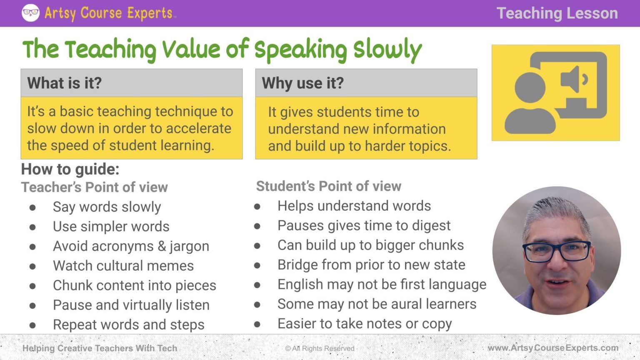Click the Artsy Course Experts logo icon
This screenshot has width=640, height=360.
point(30,13)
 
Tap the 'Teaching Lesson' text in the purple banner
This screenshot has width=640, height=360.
point(557,13)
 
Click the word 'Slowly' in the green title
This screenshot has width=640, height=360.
point(387,50)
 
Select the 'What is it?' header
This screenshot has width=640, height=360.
point(65,83)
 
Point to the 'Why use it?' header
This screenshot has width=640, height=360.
point(303,83)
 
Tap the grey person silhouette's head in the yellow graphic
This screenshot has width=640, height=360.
point(530,88)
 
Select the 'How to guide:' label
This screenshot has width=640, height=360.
point(70,169)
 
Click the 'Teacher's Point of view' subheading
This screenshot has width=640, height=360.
point(95,187)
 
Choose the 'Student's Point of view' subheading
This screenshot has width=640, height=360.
point(329,186)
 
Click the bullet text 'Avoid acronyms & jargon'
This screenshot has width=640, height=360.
point(131,246)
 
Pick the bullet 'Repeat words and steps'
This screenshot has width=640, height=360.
point(128,325)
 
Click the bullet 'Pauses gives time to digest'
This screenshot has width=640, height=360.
point(364,225)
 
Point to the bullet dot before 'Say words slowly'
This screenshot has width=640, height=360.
point(32,207)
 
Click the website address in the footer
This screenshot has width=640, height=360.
point(553,348)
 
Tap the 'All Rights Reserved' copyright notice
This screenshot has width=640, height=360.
point(320,348)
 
